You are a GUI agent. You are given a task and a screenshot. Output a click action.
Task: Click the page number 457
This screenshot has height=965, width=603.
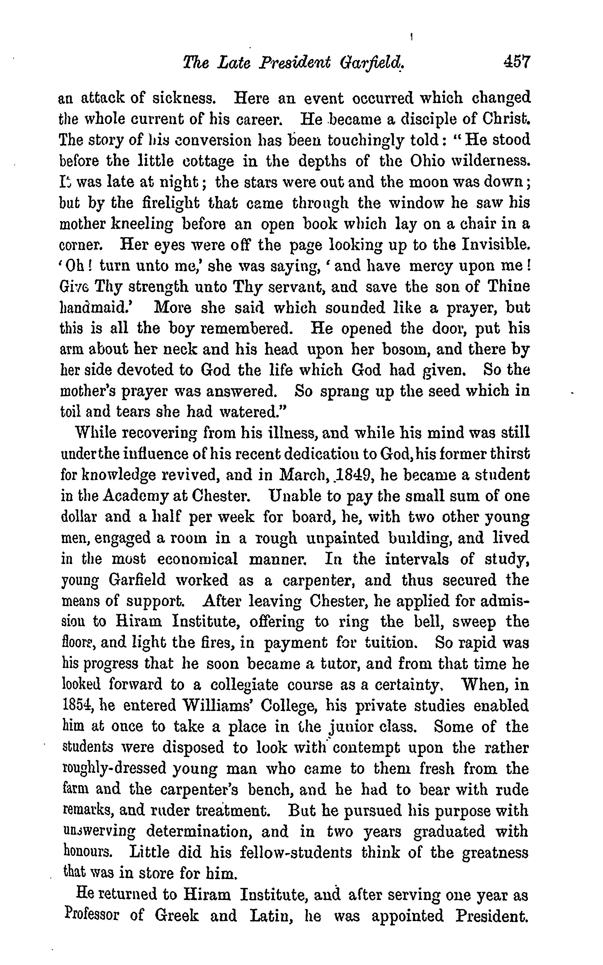point(516,63)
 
